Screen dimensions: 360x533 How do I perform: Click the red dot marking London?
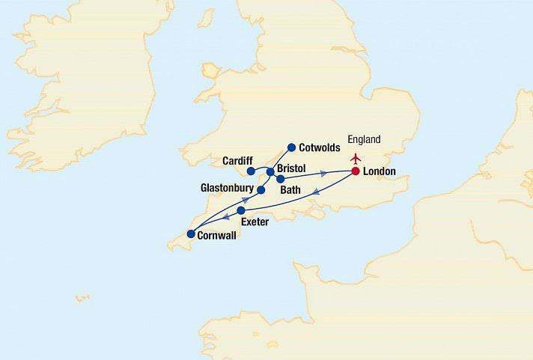tap(356, 171)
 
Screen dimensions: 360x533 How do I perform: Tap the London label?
tap(379, 172)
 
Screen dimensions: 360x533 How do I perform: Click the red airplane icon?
tap(356, 158)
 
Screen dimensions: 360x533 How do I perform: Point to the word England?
tap(365, 139)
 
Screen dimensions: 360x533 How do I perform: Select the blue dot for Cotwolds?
tap(292, 147)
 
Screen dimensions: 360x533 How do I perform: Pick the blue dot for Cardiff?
tap(252, 171)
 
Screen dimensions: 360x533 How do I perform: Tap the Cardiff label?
tap(239, 160)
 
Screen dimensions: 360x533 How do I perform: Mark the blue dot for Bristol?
tap(270, 172)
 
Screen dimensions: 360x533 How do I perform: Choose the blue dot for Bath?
tap(280, 180)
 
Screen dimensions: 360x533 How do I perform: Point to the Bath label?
tap(290, 191)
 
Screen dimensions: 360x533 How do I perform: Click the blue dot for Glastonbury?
tap(261, 190)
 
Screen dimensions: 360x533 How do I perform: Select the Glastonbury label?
tap(227, 188)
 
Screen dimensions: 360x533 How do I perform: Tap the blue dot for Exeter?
tap(241, 211)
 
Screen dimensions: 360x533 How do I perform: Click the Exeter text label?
tap(255, 222)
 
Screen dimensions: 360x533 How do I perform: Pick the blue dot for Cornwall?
tap(191, 234)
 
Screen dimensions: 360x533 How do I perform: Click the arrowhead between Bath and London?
tap(323, 174)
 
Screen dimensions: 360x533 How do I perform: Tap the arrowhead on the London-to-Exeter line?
tap(315, 192)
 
